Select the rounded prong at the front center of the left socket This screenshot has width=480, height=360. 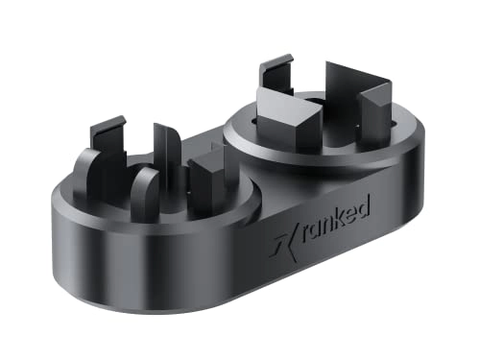(145, 189)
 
